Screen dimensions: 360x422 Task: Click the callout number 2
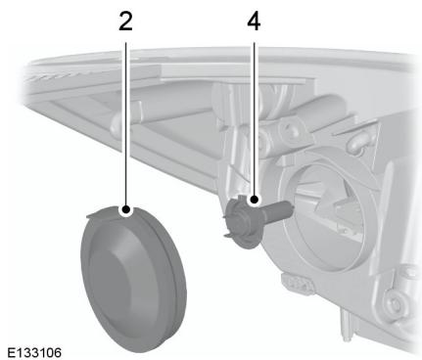pos(125,21)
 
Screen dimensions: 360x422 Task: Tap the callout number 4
pos(254,21)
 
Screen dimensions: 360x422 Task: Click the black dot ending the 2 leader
pos(125,207)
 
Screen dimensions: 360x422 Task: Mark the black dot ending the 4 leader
pos(254,200)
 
